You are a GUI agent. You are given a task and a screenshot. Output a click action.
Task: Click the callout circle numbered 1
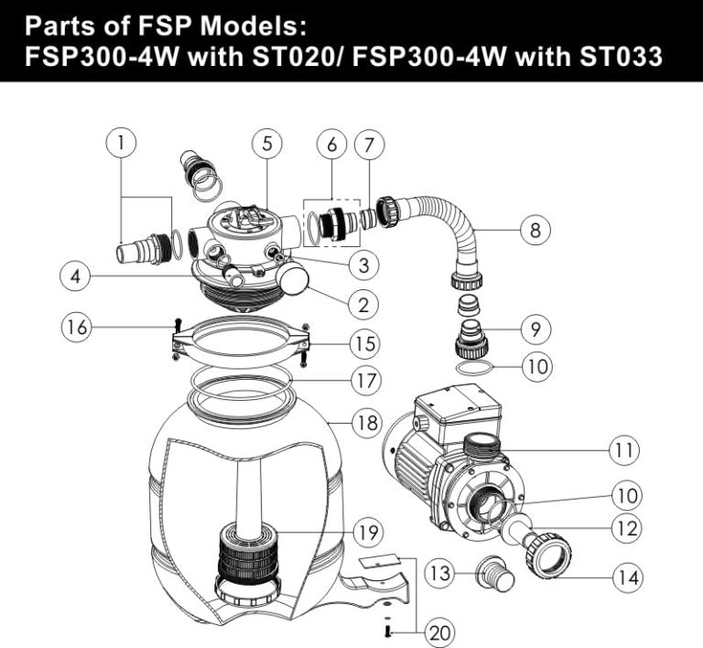pyautogui.click(x=121, y=143)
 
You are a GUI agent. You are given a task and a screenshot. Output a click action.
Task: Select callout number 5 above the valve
pyautogui.click(x=266, y=143)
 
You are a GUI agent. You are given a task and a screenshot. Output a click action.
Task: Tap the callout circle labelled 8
pyautogui.click(x=535, y=230)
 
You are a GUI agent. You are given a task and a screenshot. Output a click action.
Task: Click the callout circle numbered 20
pyautogui.click(x=439, y=631)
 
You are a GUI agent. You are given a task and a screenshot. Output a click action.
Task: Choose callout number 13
pyautogui.click(x=440, y=574)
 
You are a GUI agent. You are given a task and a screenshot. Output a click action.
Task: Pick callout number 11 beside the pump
pyautogui.click(x=624, y=449)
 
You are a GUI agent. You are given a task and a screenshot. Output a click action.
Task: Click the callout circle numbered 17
pyautogui.click(x=365, y=379)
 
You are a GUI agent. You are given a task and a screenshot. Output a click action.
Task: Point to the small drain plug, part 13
pyautogui.click(x=493, y=578)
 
